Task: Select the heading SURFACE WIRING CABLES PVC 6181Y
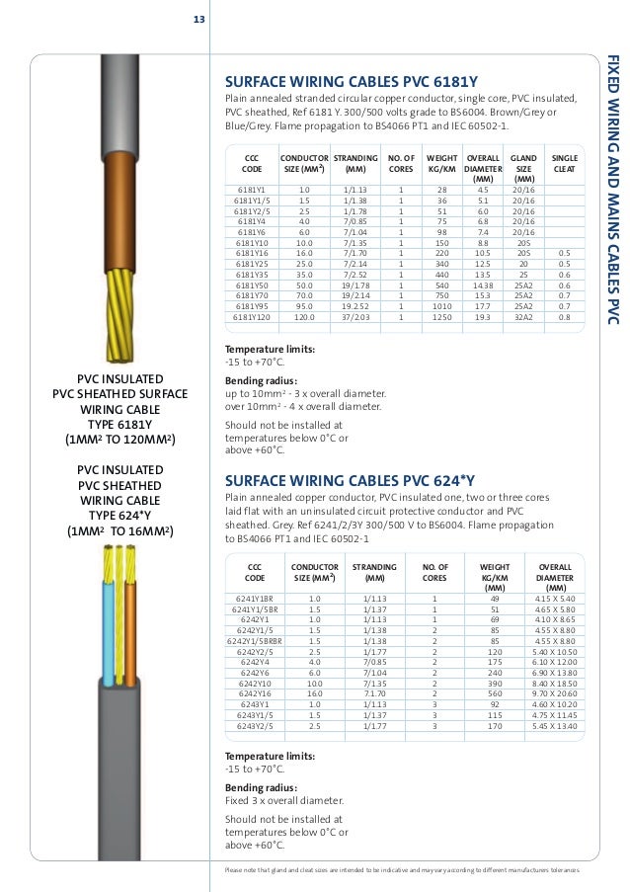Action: tap(347, 84)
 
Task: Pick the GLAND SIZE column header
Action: tap(524, 168)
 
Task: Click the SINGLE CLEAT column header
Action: tap(565, 163)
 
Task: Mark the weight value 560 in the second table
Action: tap(495, 694)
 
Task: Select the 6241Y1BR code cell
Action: tap(255, 599)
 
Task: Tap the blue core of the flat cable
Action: tap(108, 622)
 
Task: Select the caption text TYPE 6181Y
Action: tap(119, 425)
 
